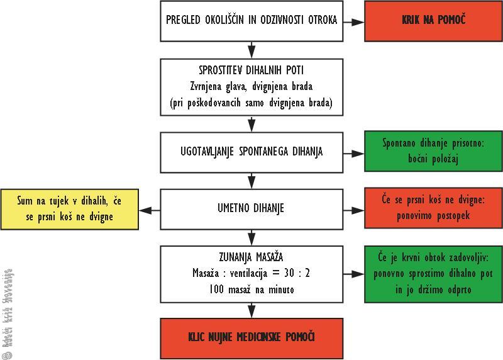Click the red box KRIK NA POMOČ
point(433,20)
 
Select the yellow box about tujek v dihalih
point(70,208)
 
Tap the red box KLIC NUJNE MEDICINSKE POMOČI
point(252,337)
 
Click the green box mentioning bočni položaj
point(433,152)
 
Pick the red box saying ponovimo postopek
point(433,208)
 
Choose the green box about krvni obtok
point(433,274)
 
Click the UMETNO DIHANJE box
point(252,208)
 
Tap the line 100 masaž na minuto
point(252,290)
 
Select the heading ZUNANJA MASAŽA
point(252,257)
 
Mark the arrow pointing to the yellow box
point(148,209)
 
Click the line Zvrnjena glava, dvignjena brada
point(252,87)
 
